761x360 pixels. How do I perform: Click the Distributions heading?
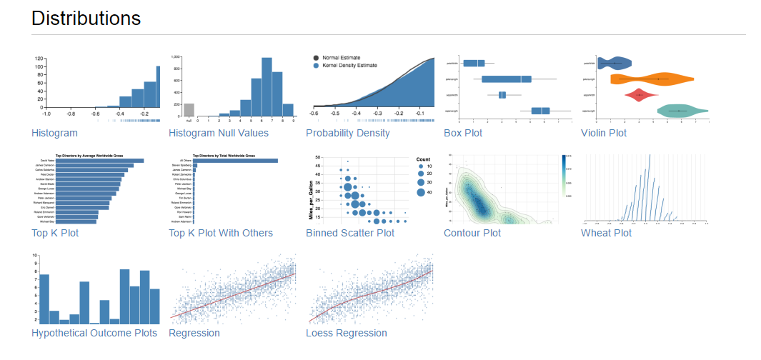86,19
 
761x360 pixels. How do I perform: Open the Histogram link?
54,133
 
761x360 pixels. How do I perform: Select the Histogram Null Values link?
218,133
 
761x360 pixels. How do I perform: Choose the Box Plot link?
462,133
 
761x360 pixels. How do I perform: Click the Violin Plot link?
604,133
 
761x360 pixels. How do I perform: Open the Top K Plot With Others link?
220,233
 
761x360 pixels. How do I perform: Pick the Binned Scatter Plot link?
350,233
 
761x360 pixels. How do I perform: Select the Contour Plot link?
472,233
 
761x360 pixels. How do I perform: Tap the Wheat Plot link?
606,233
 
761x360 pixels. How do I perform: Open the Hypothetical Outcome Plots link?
94,333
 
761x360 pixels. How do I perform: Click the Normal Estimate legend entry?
341,58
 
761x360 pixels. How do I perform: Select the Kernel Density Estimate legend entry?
349,66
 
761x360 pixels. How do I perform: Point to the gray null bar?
189,109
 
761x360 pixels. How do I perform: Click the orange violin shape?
650,79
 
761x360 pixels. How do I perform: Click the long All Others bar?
236,161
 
